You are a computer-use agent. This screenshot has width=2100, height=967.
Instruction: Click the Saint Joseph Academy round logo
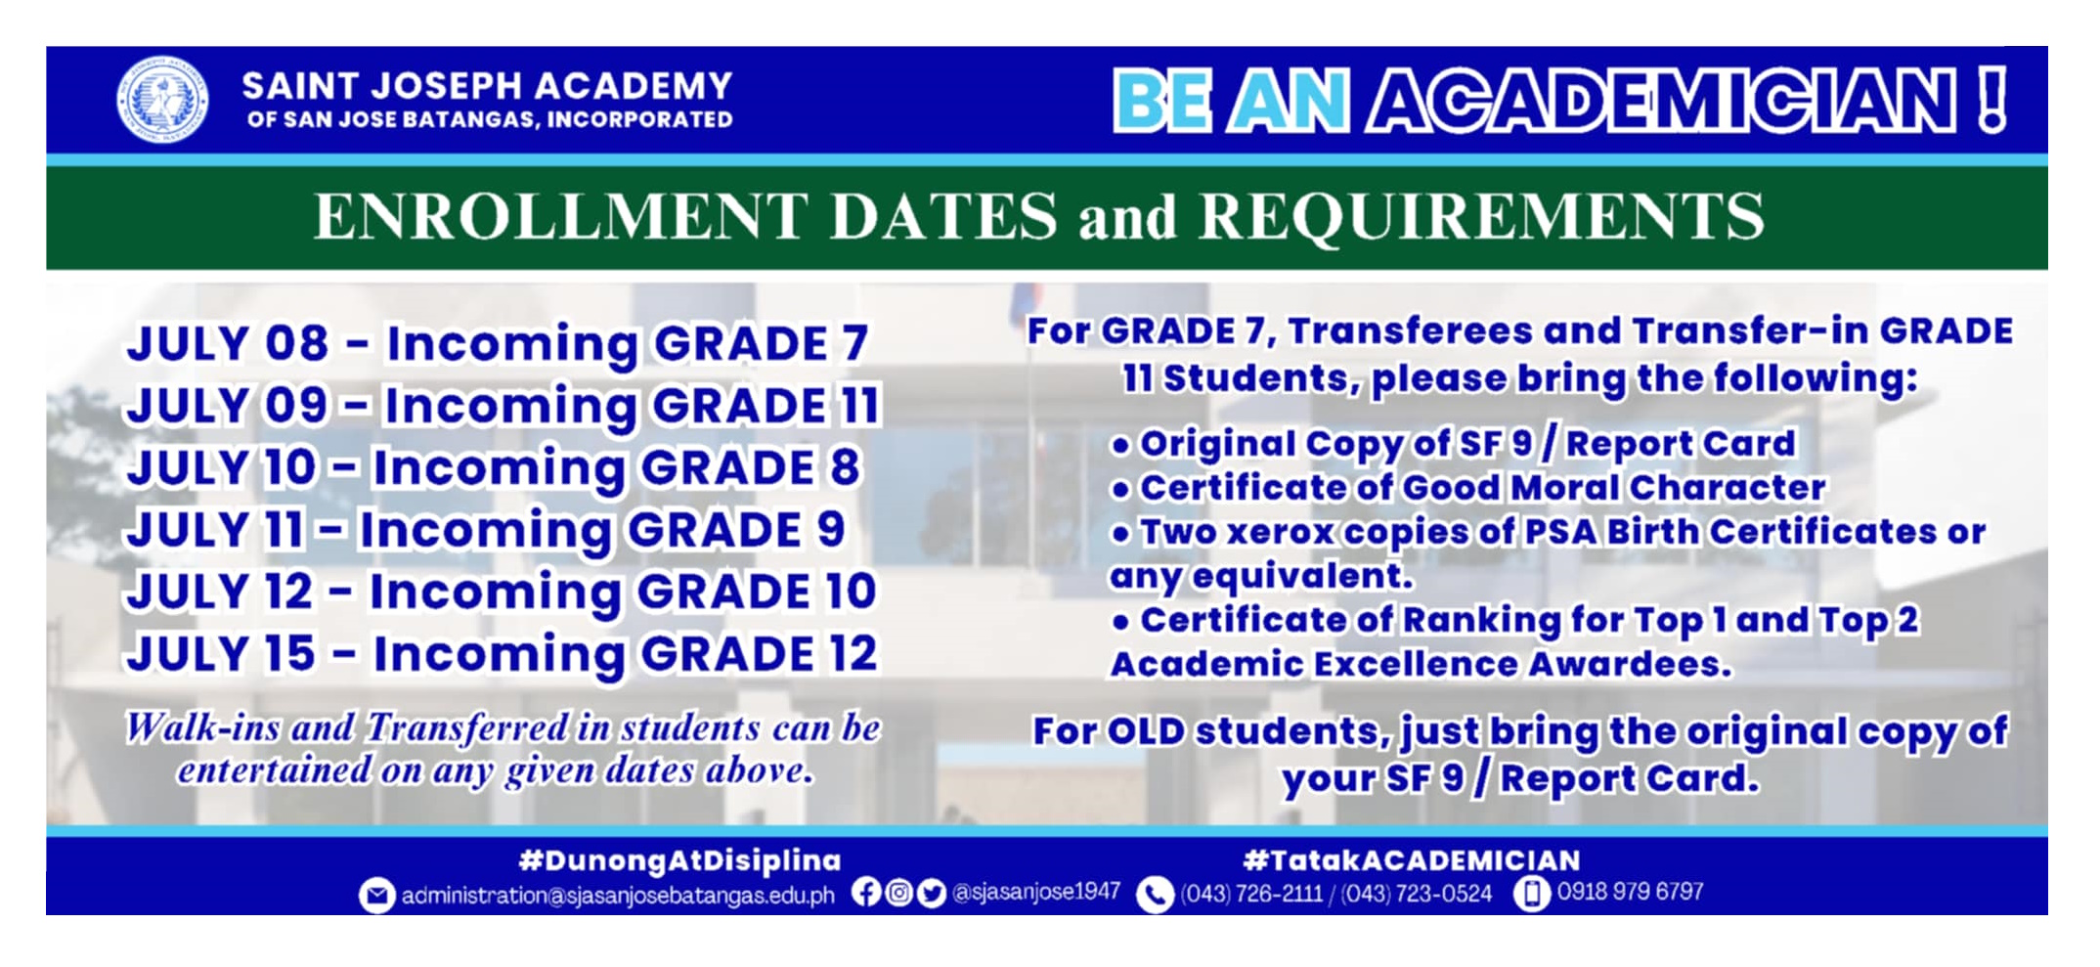point(162,100)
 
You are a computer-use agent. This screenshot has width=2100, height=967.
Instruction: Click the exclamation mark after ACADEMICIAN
point(1991,99)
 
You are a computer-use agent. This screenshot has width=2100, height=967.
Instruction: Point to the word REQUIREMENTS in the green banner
point(1481,216)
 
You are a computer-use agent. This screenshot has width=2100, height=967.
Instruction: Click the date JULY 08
point(227,343)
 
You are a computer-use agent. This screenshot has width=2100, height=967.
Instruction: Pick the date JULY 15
point(221,653)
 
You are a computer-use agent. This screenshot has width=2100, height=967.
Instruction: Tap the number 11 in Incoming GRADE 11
point(861,405)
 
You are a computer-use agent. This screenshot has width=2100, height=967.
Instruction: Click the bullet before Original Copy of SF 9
point(1120,447)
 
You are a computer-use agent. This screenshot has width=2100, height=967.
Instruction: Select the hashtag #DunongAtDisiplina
point(679,860)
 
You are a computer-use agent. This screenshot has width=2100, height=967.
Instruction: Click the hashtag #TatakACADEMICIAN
point(1411,860)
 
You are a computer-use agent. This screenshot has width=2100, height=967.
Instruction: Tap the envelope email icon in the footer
point(376,895)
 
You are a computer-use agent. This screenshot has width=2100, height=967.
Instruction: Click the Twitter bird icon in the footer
point(932,893)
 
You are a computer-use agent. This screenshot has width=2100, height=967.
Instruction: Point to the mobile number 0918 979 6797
point(1630,892)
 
